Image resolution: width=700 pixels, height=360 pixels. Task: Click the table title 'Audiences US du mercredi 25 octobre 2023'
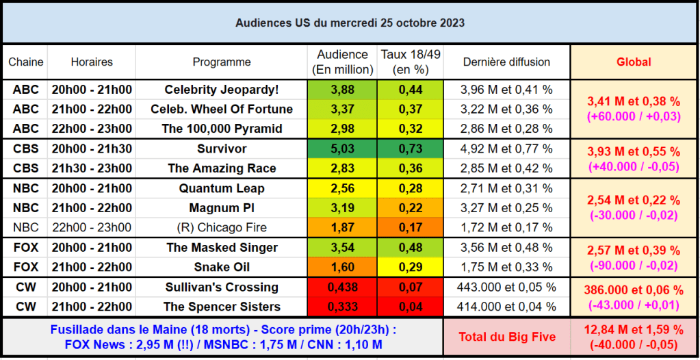(x=350, y=23)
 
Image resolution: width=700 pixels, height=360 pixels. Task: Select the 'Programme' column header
(x=221, y=62)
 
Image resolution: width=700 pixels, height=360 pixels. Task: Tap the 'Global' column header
(x=634, y=62)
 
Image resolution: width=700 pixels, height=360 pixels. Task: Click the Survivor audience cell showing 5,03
(x=342, y=149)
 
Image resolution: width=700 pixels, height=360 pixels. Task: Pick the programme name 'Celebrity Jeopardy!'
(x=222, y=90)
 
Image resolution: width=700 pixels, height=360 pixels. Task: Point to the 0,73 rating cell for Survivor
(x=410, y=149)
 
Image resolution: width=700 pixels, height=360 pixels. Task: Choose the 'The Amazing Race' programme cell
(x=222, y=168)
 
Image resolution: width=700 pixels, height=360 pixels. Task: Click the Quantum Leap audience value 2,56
(x=342, y=188)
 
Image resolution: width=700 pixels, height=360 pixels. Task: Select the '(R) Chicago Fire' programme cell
(x=222, y=227)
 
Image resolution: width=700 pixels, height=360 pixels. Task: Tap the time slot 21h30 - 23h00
(x=91, y=168)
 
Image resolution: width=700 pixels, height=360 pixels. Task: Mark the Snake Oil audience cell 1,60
(x=342, y=267)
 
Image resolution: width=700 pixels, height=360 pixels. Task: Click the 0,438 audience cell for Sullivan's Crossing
(x=342, y=287)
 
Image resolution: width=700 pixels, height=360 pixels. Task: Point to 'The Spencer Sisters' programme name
(x=222, y=307)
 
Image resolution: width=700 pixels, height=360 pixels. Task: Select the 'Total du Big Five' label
(x=506, y=337)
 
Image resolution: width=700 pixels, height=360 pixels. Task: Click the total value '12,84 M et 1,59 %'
(x=634, y=330)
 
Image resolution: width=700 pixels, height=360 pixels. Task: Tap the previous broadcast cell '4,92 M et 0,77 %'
(x=506, y=149)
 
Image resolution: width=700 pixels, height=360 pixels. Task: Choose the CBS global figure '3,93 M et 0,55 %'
(x=634, y=152)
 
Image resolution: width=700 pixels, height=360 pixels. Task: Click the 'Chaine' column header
(x=26, y=62)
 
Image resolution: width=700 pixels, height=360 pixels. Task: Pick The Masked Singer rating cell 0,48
(x=410, y=247)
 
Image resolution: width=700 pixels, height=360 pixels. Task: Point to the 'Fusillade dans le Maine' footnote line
(x=223, y=329)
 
